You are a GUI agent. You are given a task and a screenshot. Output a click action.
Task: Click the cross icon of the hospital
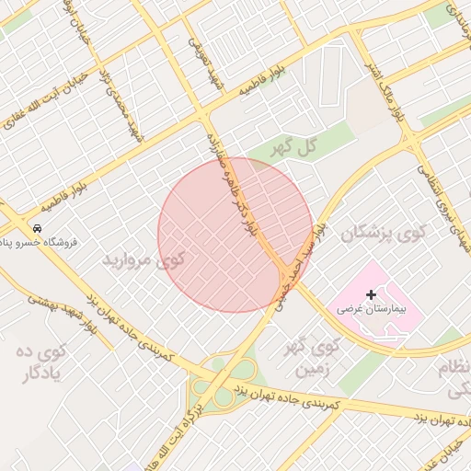[x=371, y=295]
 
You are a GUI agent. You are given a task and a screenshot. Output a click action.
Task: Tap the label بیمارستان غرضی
[x=371, y=310]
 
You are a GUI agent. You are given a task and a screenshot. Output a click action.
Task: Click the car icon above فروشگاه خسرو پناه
[x=36, y=227]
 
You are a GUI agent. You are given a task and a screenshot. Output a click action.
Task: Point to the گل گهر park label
[x=299, y=145]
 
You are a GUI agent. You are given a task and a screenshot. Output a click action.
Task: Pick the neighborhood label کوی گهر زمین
[x=316, y=359]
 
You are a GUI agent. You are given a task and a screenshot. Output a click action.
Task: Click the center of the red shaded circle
[x=235, y=235]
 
